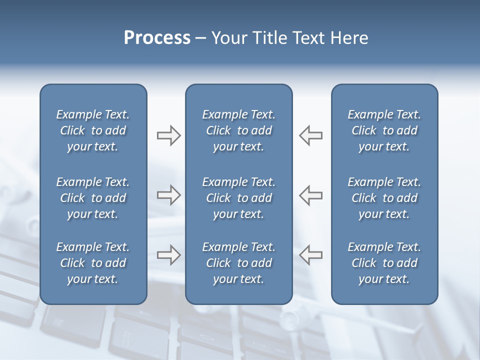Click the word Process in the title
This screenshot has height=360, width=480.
(x=157, y=38)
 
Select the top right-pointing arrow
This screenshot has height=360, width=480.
(x=168, y=135)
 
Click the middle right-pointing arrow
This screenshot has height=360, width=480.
(x=168, y=195)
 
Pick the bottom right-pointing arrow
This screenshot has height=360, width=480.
(x=168, y=255)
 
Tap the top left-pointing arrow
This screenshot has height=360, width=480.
(x=311, y=135)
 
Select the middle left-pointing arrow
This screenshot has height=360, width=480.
(x=311, y=195)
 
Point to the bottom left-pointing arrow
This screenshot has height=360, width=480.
(x=311, y=255)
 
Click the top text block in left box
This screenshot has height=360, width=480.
(x=93, y=130)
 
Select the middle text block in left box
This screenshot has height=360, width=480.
(x=93, y=198)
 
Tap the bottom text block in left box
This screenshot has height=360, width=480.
(x=93, y=263)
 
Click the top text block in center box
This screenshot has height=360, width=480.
(x=238, y=130)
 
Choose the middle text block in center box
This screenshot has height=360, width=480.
(x=238, y=198)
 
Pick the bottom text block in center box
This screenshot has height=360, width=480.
(x=238, y=263)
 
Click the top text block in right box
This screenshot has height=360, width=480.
(x=384, y=130)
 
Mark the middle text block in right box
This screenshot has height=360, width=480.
(x=384, y=198)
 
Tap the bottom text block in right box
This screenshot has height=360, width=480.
(x=384, y=263)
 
